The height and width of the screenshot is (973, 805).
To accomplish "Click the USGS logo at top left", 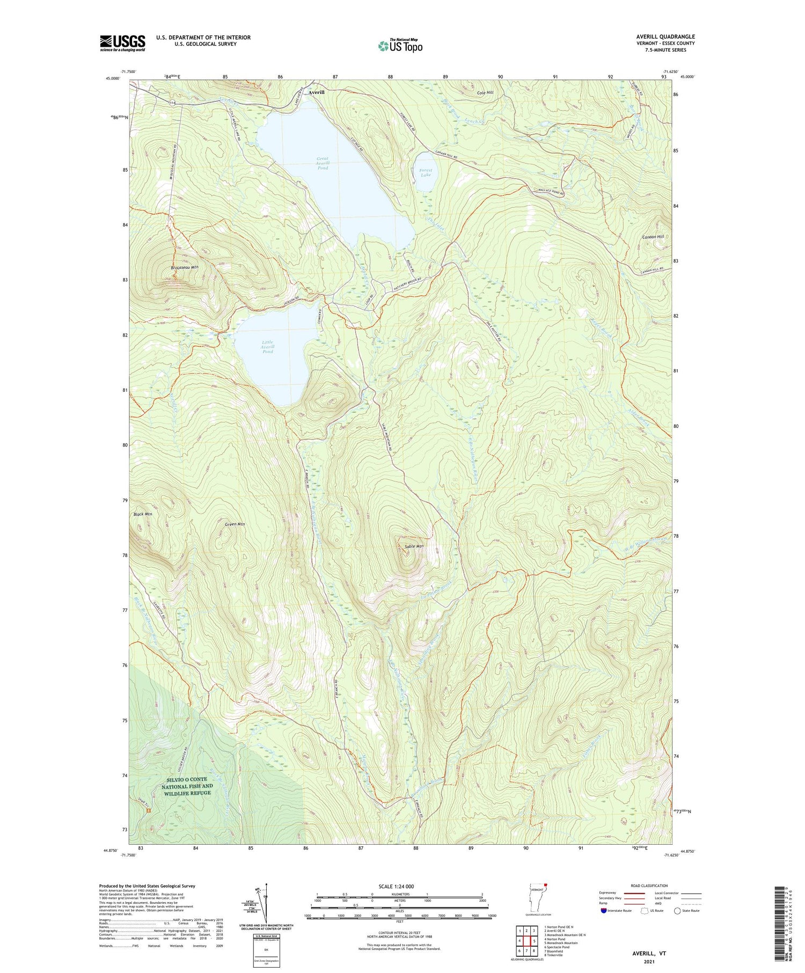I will [122, 43].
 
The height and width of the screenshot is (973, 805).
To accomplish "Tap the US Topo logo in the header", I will [400, 46].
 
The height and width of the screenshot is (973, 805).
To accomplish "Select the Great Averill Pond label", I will [323, 163].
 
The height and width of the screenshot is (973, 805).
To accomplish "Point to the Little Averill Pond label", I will [267, 347].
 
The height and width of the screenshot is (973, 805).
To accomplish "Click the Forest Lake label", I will [426, 172].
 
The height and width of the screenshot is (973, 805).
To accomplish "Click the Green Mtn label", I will [235, 524].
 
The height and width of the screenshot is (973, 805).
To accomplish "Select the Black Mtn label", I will [143, 514].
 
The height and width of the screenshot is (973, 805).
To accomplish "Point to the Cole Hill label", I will [485, 93].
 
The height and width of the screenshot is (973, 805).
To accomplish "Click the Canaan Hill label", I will [653, 237].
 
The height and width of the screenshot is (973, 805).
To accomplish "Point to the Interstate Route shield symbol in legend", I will [604, 911].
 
